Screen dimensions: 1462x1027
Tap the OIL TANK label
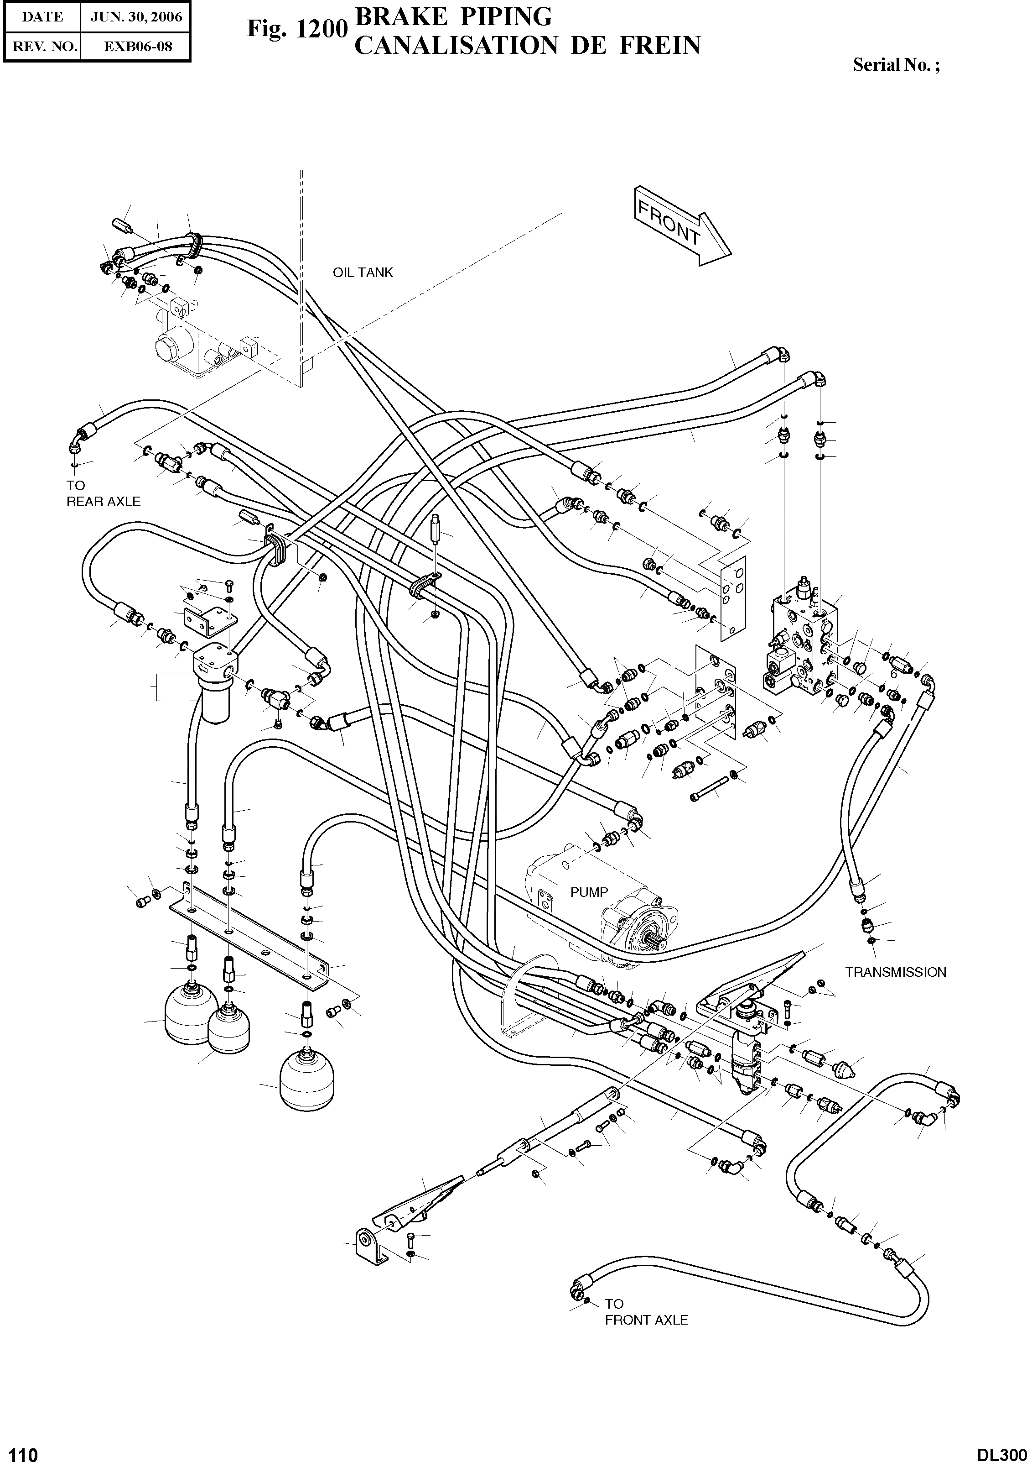(x=363, y=272)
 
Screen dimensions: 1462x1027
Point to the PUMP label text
(x=589, y=892)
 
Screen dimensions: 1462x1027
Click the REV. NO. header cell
(x=42, y=47)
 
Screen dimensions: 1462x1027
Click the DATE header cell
(x=42, y=17)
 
